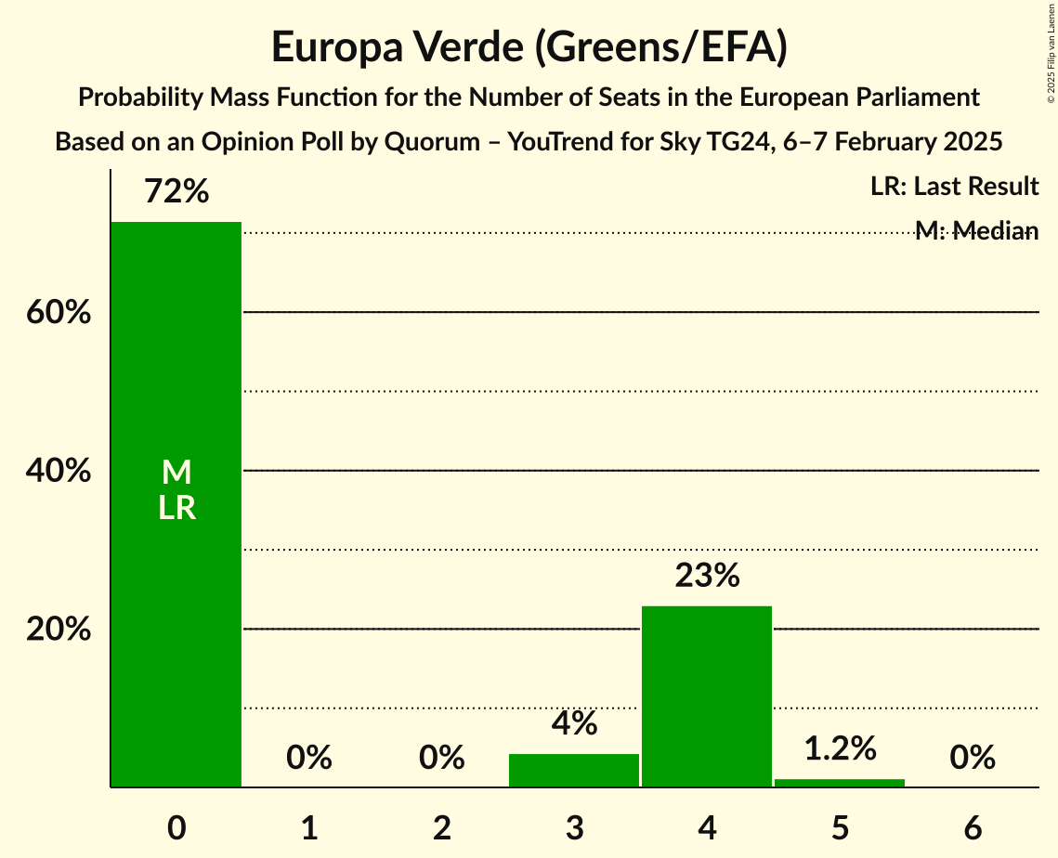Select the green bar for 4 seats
pyautogui.click(x=707, y=696)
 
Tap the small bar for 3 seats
pyautogui.click(x=574, y=771)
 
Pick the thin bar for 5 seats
pyautogui.click(x=840, y=783)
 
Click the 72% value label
pyautogui.click(x=176, y=192)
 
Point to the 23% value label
pyautogui.click(x=707, y=577)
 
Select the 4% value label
pyautogui.click(x=574, y=724)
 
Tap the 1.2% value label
pyautogui.click(x=840, y=748)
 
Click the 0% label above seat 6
pyautogui.click(x=973, y=758)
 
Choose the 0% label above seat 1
pyautogui.click(x=309, y=758)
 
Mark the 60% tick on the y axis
pyautogui.click(x=59, y=313)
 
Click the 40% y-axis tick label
pyautogui.click(x=59, y=471)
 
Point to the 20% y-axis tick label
pyautogui.click(x=59, y=630)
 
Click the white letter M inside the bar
pyautogui.click(x=176, y=473)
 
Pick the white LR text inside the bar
pyautogui.click(x=176, y=508)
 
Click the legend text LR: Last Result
pyautogui.click(x=954, y=187)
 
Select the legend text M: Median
pyautogui.click(x=976, y=230)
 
